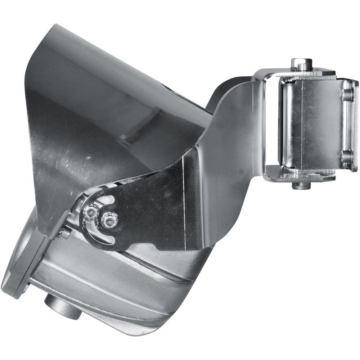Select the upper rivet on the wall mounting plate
click(347, 94)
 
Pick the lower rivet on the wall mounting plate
click(346, 157)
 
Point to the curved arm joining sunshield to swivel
click(230, 144)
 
